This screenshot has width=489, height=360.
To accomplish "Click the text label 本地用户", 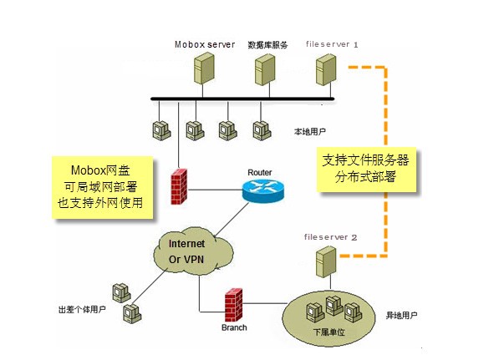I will [x=309, y=132].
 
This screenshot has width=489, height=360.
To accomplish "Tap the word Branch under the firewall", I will [x=233, y=328].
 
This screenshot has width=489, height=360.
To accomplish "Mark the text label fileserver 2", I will [x=331, y=237].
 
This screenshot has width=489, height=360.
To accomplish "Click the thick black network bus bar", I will [x=251, y=99].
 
